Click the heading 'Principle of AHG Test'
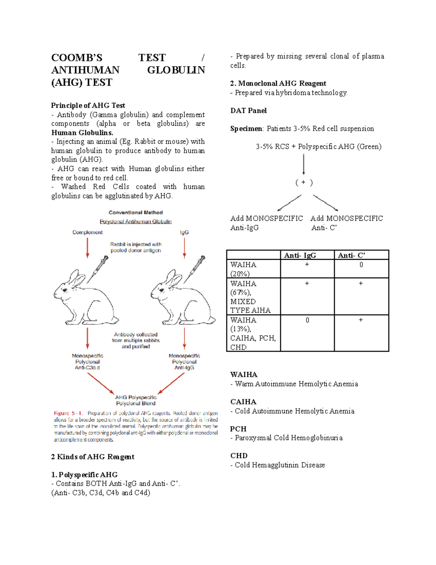88,106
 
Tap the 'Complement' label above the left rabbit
87,232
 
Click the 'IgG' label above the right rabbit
184,232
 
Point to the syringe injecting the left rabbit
98,269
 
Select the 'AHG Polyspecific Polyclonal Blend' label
136,400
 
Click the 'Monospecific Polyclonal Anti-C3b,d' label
87,362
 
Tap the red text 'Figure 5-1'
68,413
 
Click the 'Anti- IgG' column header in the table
300,255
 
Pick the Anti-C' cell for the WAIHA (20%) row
361,265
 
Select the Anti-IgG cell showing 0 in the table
307,320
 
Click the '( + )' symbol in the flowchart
304,183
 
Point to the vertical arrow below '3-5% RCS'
304,164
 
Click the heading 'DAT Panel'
248,111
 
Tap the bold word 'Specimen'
246,129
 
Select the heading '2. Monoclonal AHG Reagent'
278,83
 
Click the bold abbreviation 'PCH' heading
238,429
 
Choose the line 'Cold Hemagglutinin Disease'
280,465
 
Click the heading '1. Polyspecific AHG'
84,475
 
